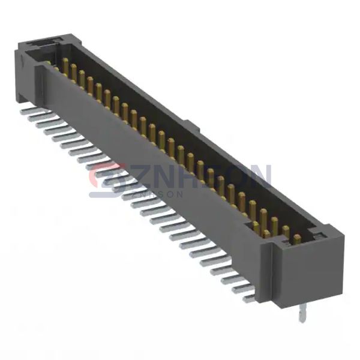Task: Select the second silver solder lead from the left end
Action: pyautogui.click(x=35, y=118)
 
